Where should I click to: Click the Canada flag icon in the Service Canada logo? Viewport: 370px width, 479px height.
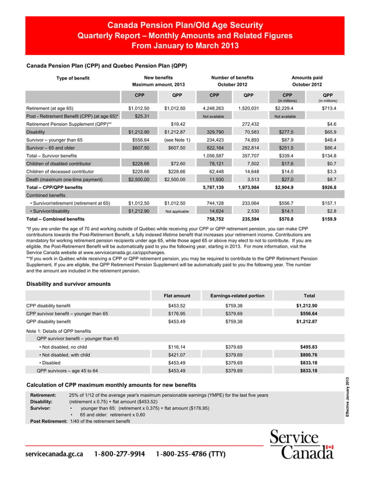[x=329, y=448]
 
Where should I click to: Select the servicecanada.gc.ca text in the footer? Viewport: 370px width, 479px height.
[x=53, y=453]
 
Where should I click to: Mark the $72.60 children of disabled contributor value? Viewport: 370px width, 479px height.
[x=174, y=164]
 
